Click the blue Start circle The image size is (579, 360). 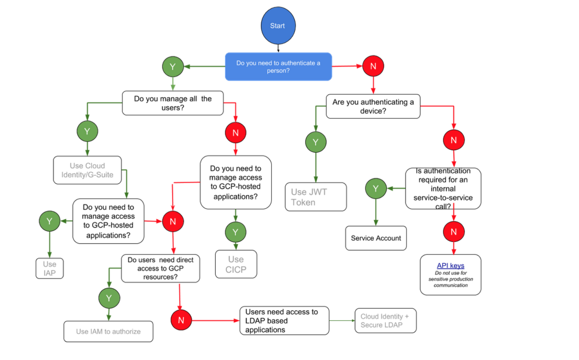point(278,26)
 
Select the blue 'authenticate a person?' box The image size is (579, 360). point(278,67)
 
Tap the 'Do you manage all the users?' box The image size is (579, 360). point(173,103)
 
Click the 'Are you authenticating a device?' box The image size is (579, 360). point(373,106)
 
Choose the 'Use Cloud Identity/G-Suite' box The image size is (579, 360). point(87,170)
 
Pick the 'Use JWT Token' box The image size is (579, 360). point(315,197)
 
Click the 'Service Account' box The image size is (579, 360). point(376,238)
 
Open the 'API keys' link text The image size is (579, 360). point(450,265)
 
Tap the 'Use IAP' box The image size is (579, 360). point(50,268)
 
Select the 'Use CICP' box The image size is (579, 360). point(236,264)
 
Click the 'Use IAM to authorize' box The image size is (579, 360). point(108,331)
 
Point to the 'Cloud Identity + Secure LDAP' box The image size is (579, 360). point(385,321)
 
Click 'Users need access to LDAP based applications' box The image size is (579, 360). point(284,321)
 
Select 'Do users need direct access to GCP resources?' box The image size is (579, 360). point(160,268)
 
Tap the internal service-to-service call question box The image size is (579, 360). point(443,189)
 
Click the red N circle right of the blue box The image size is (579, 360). point(373,66)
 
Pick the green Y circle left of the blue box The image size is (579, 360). point(173,67)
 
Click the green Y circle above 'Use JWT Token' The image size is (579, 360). point(315,142)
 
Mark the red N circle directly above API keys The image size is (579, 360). point(454,231)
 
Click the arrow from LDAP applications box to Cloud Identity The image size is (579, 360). point(342,321)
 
